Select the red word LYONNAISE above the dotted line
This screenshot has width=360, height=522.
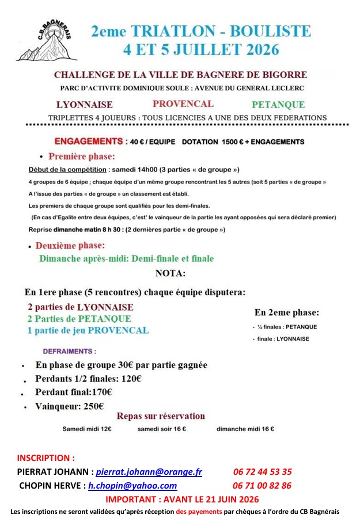[84, 105]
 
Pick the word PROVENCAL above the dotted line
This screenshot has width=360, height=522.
[183, 104]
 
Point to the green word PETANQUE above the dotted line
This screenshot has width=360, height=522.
[278, 105]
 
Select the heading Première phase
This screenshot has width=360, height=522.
[81, 156]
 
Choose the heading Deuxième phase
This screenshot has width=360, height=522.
[74, 246]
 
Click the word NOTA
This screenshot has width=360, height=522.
[170, 273]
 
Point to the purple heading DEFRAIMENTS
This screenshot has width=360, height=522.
[69, 351]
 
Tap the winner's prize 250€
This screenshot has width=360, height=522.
[93, 406]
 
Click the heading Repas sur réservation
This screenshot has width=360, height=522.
[161, 416]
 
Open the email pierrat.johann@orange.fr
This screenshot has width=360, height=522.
[149, 472]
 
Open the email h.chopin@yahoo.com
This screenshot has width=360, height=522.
[132, 486]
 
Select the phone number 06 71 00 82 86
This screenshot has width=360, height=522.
[262, 486]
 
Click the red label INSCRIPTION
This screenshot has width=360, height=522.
[46, 458]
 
